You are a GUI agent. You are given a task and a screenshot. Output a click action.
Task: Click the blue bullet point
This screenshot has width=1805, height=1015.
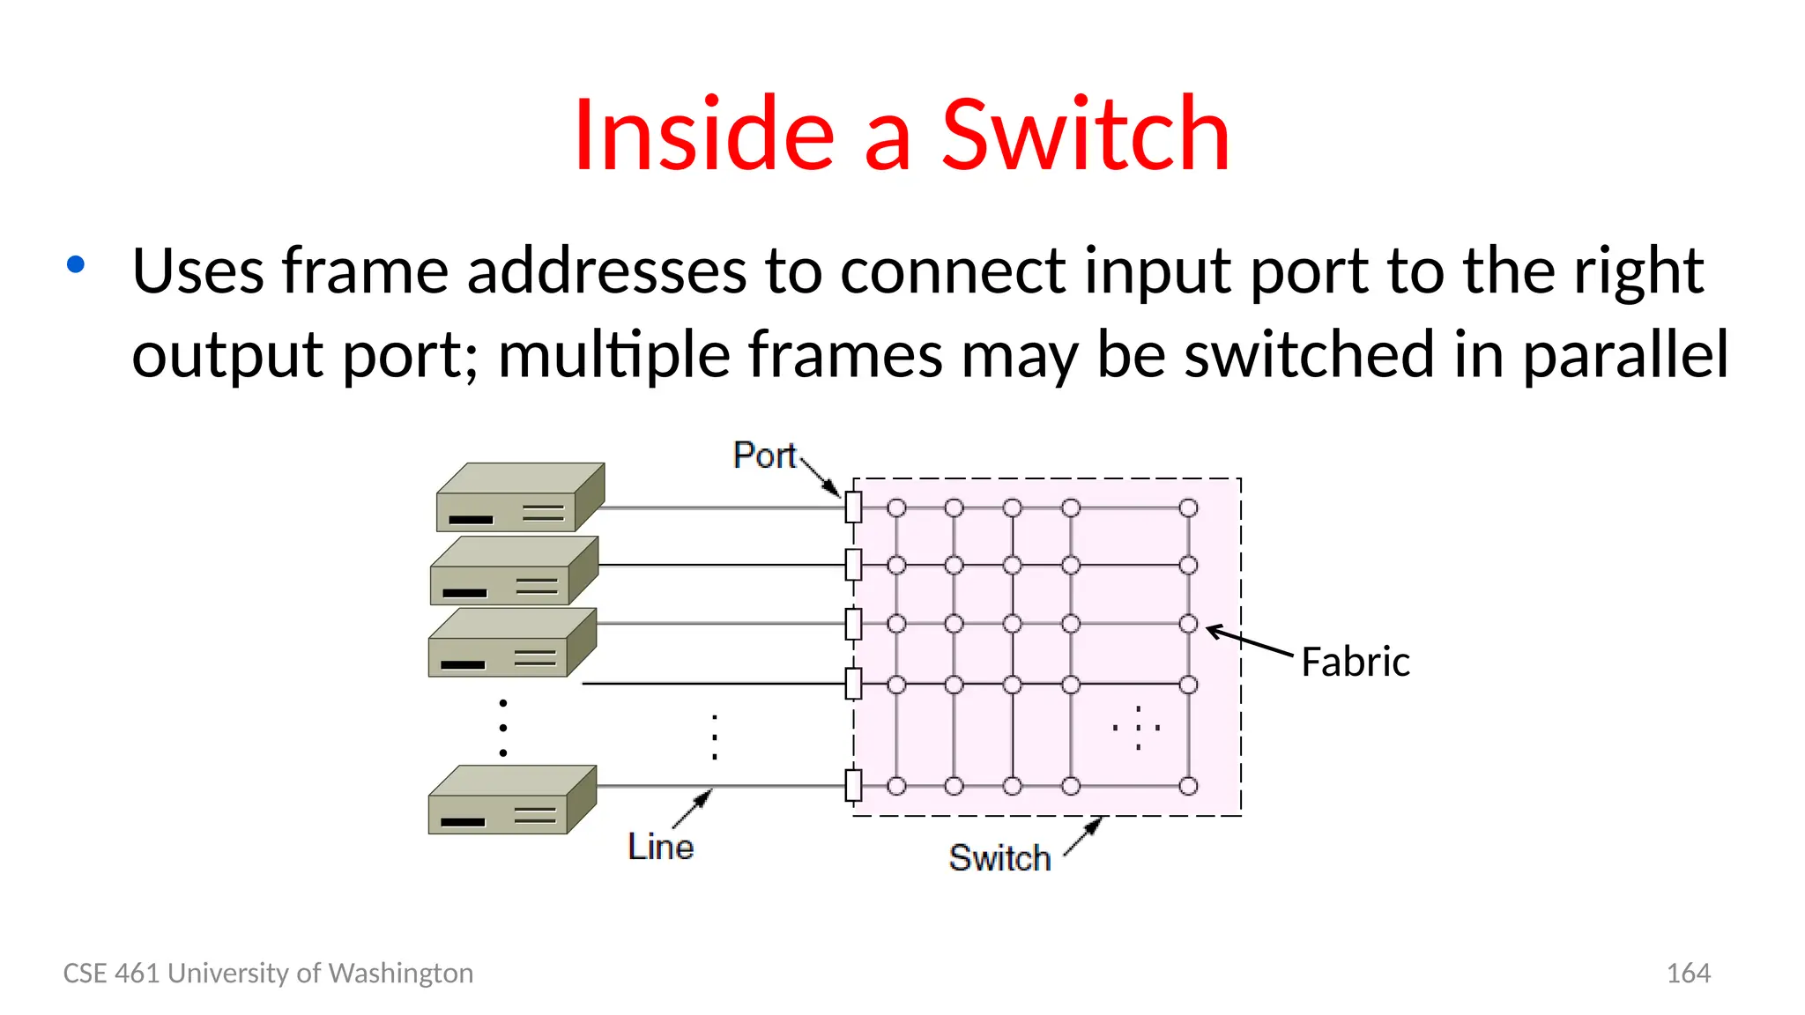76,264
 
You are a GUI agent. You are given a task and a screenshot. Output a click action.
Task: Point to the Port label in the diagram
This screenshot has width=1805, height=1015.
764,456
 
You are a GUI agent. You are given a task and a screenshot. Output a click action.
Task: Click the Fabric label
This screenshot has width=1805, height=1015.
1355,662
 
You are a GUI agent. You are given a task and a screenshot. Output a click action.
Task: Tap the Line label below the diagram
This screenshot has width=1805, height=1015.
660,847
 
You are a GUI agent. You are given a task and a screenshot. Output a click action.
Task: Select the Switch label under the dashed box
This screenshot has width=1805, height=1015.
999,858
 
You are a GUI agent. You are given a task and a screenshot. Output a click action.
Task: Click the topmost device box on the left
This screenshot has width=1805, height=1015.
520,497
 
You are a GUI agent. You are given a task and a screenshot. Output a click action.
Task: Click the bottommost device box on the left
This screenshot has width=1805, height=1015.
512,799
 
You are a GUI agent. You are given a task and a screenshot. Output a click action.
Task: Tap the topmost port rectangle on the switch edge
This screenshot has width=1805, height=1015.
853,507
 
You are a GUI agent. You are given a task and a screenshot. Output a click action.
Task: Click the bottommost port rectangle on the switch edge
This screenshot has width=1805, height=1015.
853,785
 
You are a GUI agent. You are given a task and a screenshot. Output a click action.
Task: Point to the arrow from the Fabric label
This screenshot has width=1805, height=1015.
1249,641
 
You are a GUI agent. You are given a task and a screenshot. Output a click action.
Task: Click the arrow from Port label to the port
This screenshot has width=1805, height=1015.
821,478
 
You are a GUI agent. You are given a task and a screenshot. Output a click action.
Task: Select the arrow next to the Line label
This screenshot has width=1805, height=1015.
694,808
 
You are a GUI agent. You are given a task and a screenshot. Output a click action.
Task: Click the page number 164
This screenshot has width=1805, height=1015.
1688,973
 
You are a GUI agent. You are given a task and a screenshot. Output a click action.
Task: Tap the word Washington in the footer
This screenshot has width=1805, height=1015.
400,973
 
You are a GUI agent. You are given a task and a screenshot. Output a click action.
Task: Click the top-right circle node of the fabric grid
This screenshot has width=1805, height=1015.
1188,508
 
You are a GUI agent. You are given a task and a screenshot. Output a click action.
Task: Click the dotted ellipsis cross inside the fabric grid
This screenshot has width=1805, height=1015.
1138,728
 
